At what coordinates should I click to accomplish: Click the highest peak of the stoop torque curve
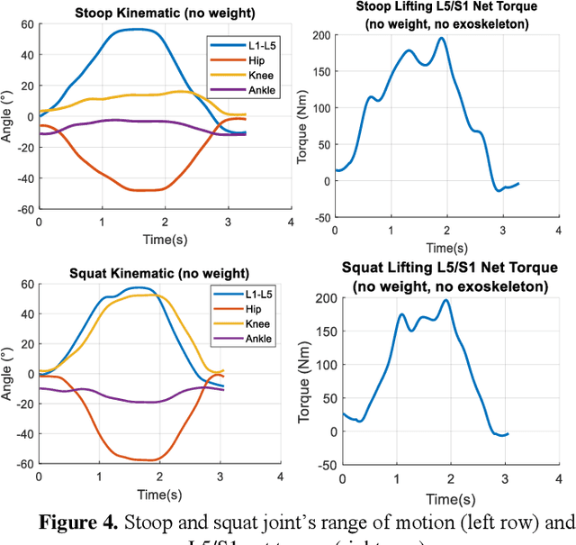441,38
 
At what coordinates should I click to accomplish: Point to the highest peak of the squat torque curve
445,301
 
